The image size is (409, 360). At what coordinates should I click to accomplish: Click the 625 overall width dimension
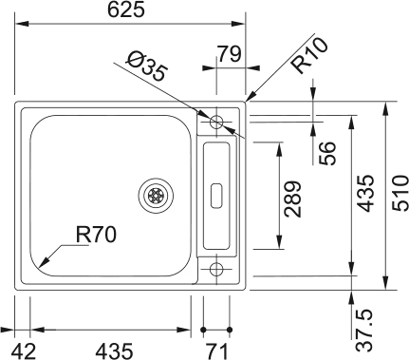(x=126, y=9)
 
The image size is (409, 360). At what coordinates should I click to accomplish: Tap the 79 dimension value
(x=230, y=54)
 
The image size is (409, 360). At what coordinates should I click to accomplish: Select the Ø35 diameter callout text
(x=146, y=66)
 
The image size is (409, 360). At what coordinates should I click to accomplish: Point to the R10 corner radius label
(x=309, y=55)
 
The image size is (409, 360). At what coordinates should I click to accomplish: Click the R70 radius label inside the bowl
(x=96, y=235)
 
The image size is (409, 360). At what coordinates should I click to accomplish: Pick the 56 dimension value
(x=326, y=153)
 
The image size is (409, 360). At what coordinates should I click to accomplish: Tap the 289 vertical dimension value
(x=292, y=199)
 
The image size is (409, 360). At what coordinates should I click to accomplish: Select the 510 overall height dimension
(x=400, y=193)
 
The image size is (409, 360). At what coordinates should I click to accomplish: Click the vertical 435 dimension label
(x=365, y=193)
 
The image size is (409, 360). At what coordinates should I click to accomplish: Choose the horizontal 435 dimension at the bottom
(x=114, y=351)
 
